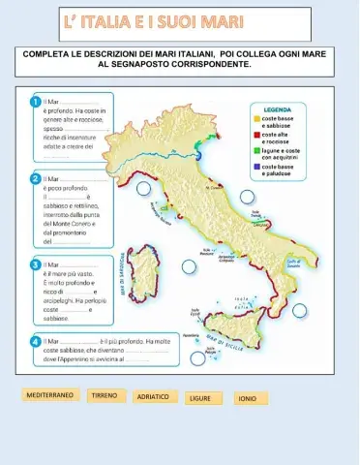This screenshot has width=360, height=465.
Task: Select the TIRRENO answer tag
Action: [104, 395]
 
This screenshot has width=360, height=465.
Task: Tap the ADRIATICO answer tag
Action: [153, 396]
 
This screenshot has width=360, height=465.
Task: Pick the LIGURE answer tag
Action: [200, 397]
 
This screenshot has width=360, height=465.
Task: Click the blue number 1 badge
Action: [36, 102]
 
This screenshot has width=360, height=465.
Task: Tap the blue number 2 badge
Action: [36, 179]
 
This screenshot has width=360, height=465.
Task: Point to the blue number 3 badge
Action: [36, 263]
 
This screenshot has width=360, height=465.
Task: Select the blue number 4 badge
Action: [36, 341]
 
